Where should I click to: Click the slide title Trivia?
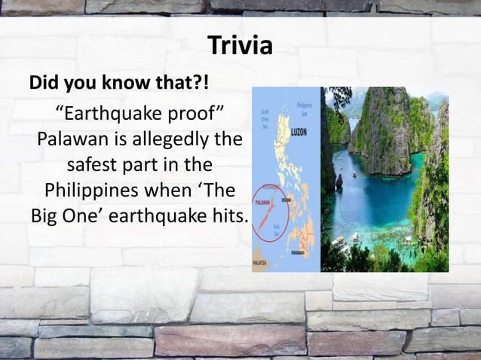coord(240,47)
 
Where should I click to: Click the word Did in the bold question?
coord(44,82)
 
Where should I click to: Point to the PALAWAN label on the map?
coord(263,203)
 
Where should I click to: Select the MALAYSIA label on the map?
coord(260,264)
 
